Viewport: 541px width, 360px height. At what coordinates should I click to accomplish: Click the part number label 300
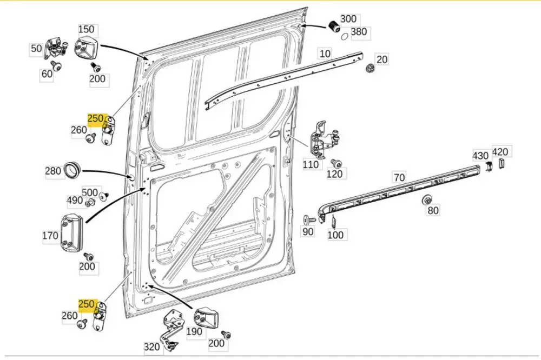click(x=348, y=19)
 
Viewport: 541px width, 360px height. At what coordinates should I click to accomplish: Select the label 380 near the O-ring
click(x=359, y=32)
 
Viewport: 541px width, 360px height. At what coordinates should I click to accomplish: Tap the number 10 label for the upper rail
click(x=325, y=54)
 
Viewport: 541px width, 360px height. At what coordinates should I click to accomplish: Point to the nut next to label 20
click(x=370, y=69)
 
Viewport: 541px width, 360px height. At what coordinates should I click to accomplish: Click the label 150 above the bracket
click(x=86, y=29)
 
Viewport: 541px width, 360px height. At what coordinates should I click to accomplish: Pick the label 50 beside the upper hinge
click(x=36, y=49)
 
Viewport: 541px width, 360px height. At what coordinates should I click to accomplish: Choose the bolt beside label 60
click(x=56, y=66)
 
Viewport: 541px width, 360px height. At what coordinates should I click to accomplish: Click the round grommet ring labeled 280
click(x=72, y=169)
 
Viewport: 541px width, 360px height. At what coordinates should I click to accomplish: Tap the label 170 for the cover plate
click(x=50, y=236)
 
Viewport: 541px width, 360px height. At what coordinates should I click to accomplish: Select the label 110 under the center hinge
click(x=311, y=164)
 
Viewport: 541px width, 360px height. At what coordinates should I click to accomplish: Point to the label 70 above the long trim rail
click(x=399, y=177)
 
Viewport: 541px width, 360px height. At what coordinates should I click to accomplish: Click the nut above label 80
click(x=427, y=199)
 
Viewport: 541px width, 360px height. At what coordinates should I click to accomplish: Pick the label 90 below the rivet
click(x=307, y=232)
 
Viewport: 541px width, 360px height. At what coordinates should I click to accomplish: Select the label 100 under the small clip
click(x=335, y=235)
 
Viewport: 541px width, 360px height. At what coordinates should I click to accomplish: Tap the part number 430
click(x=480, y=155)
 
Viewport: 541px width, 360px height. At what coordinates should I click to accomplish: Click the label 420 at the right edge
click(x=500, y=152)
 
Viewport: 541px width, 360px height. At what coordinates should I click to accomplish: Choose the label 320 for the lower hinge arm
click(x=152, y=347)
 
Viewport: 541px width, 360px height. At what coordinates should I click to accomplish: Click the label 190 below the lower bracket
click(x=194, y=332)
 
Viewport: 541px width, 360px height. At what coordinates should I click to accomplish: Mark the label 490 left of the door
click(x=75, y=201)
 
